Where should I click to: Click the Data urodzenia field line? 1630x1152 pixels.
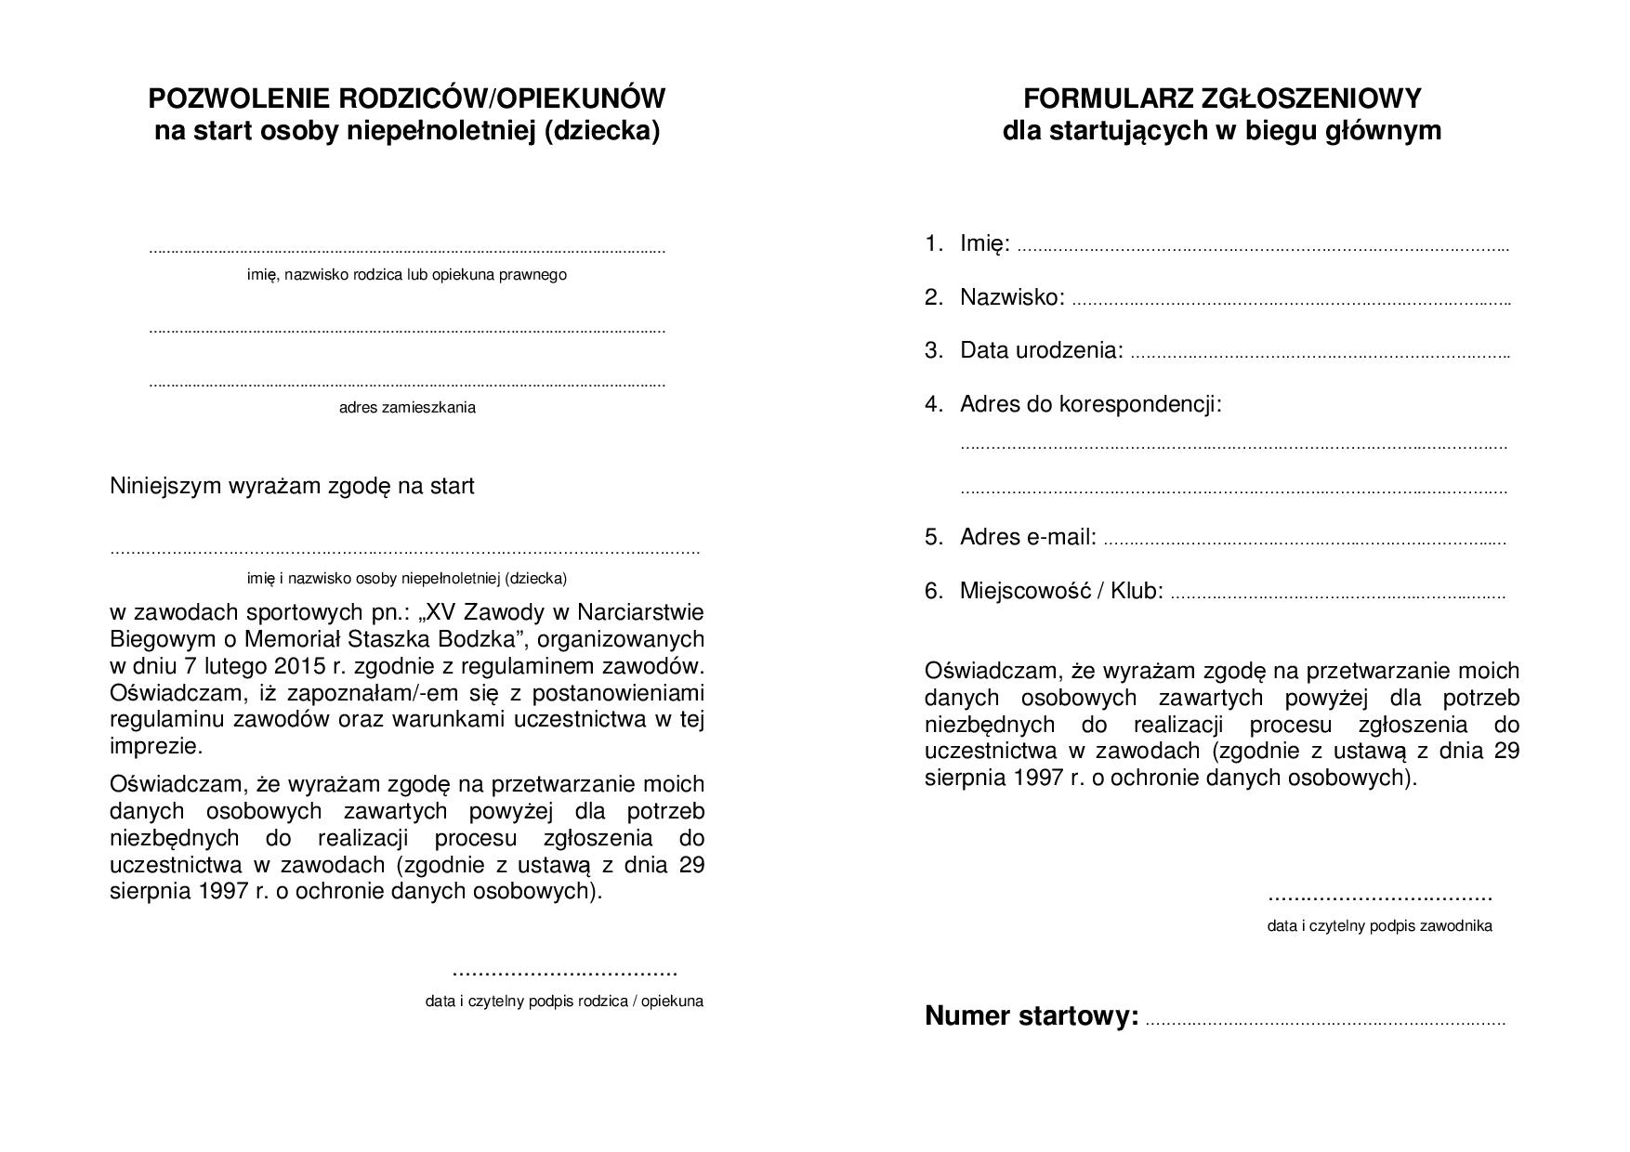coord(1319,356)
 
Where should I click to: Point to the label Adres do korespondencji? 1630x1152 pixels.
coord(1090,404)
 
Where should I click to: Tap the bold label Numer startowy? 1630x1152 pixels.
coord(1032,1016)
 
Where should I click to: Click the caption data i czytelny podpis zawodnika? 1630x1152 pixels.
coord(1379,926)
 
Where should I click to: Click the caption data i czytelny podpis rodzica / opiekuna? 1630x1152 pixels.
coord(564,1001)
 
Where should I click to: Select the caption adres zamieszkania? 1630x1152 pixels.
coord(407,407)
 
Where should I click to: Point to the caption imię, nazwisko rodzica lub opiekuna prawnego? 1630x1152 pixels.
coord(406,275)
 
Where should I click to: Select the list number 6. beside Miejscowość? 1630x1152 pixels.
coord(933,591)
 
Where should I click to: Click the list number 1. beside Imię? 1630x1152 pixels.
coord(933,243)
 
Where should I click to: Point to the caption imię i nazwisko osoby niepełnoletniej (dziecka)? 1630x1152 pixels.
coord(406,579)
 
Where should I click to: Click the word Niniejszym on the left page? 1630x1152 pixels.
coord(164,486)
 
